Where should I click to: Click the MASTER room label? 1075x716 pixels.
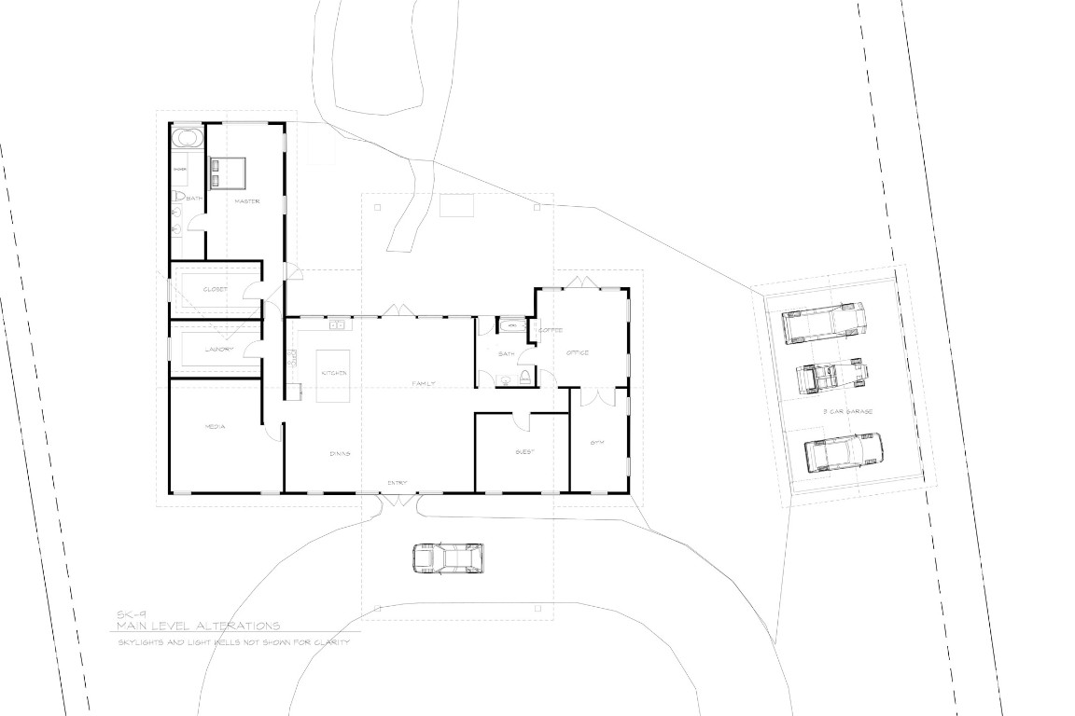(x=247, y=201)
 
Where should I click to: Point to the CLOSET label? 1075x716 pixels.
(x=215, y=289)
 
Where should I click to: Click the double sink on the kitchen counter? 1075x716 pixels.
(x=337, y=324)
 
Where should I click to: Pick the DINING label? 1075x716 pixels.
(x=339, y=454)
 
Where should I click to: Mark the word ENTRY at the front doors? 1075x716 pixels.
(x=397, y=482)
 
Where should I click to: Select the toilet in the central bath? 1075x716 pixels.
(x=524, y=377)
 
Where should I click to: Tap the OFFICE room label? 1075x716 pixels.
(x=577, y=352)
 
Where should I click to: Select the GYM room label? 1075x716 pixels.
(x=598, y=442)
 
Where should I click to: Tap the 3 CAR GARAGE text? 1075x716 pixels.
(x=847, y=410)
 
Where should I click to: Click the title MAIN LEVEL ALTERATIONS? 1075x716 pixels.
(x=199, y=626)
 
